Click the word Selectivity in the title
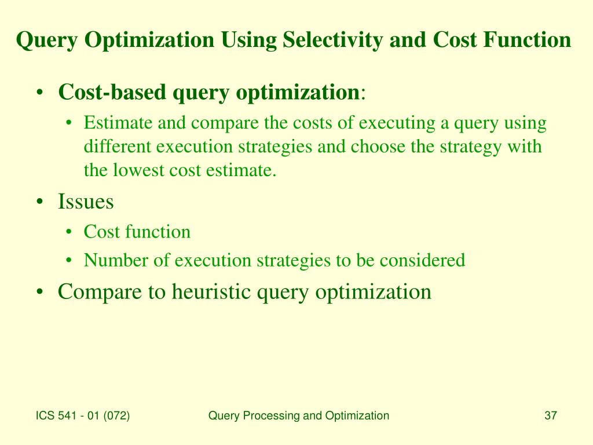pos(332,41)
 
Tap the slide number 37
pos(550,415)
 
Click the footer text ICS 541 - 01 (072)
pos(83,415)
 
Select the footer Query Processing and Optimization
pos(298,415)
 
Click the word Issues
pos(86,202)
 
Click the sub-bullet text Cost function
pos(137,232)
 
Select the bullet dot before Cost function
pos(69,232)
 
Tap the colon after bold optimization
pos(363,93)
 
